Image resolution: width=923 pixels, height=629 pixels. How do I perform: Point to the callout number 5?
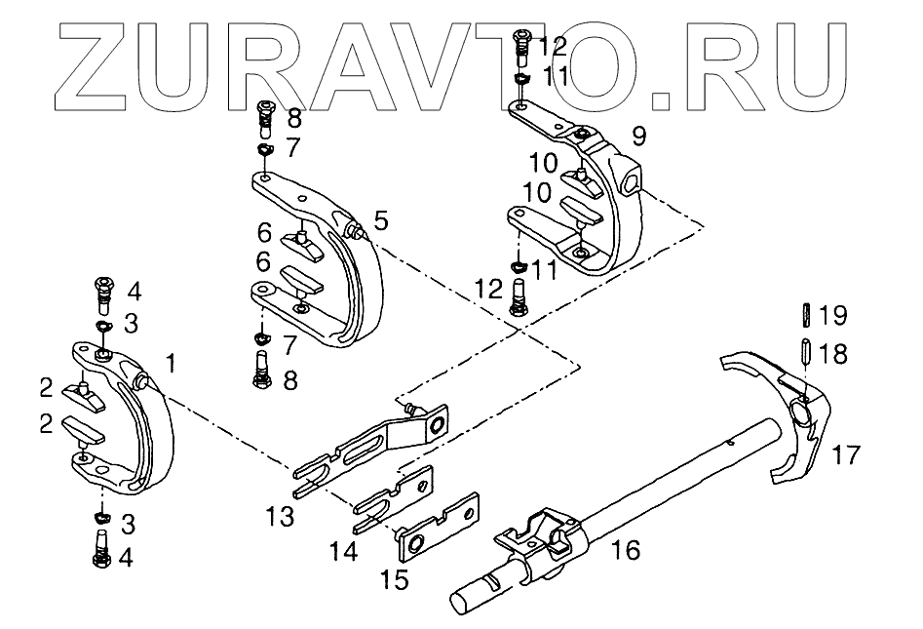click(380, 220)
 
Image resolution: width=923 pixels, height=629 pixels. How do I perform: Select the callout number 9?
click(638, 136)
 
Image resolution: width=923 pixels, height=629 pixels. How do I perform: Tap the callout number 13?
click(281, 516)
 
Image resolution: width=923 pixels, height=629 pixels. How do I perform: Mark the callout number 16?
click(628, 551)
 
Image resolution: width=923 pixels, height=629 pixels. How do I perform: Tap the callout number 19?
click(833, 315)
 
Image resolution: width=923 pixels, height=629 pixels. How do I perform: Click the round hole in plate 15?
click(414, 542)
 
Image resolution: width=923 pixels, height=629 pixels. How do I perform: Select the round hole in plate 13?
click(438, 422)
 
